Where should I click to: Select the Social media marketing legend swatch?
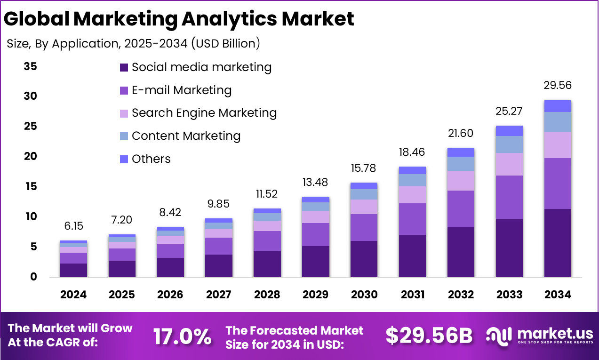(x=124, y=67)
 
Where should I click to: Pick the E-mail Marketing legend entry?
(x=182, y=90)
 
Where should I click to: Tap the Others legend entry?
(x=151, y=159)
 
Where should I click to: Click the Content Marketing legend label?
(x=186, y=136)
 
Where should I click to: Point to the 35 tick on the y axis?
(x=30, y=66)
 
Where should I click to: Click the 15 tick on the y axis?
(x=30, y=187)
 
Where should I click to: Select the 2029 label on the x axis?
(x=315, y=295)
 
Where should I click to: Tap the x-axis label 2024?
(x=73, y=295)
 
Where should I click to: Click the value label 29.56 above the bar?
(x=558, y=85)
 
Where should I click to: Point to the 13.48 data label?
(x=315, y=182)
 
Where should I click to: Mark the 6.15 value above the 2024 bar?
(x=73, y=226)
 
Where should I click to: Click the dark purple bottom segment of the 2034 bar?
(x=558, y=243)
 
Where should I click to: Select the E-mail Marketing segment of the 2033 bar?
(x=509, y=197)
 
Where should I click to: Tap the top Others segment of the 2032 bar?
(x=461, y=152)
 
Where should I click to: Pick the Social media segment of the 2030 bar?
(x=364, y=259)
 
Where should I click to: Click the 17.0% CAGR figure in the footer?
(x=182, y=336)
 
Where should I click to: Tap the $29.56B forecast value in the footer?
(x=429, y=336)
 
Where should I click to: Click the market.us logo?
(x=539, y=335)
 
